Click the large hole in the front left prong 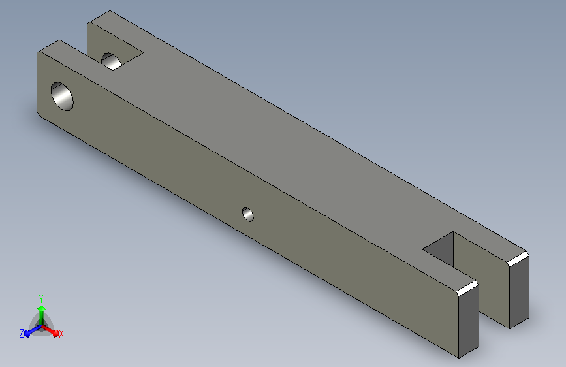click(x=62, y=96)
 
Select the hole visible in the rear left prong click(x=111, y=61)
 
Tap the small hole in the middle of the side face click(x=247, y=214)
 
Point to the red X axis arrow click(x=50, y=330)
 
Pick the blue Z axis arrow click(x=33, y=331)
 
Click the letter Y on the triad click(x=41, y=299)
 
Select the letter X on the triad click(x=61, y=334)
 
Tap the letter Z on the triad click(x=22, y=334)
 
